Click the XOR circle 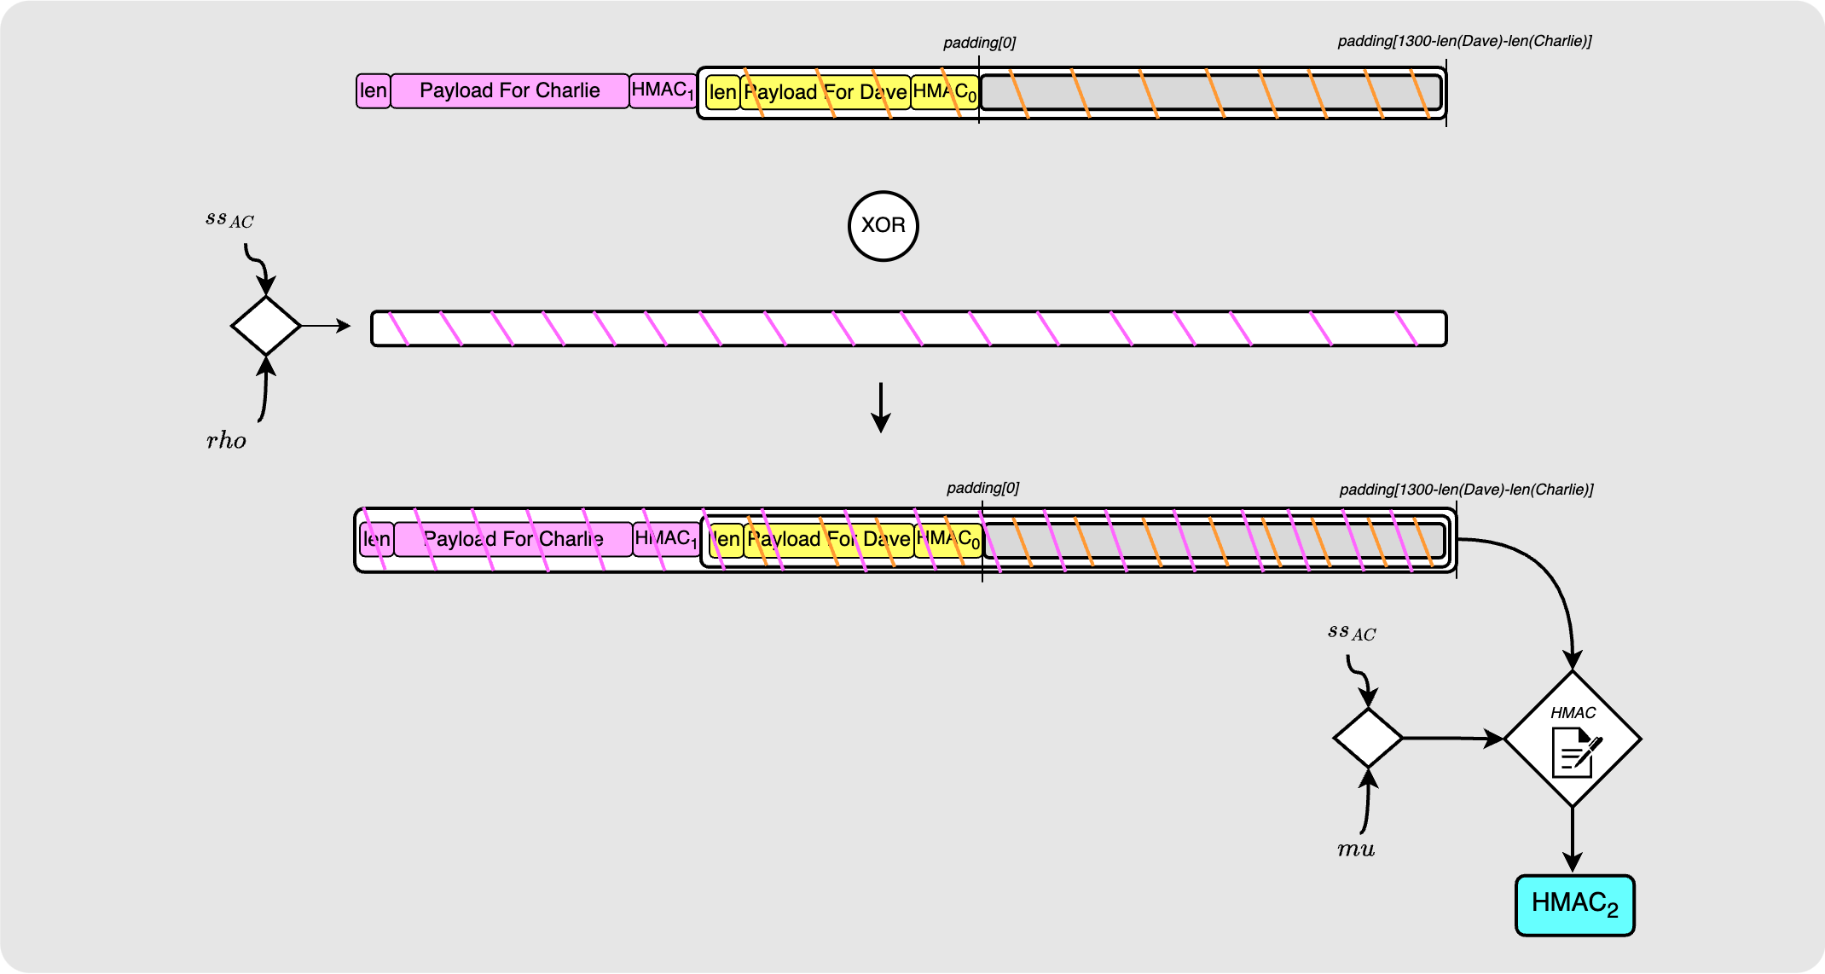(884, 226)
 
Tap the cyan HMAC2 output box (1574, 905)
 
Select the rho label (226, 441)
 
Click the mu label (1355, 849)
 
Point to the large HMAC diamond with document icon (1573, 739)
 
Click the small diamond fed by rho (266, 326)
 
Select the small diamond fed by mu (1368, 738)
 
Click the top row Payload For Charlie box (510, 91)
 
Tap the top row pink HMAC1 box (663, 91)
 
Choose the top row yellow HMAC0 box (945, 92)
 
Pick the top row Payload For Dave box (825, 92)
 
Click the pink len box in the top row (374, 91)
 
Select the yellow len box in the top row (722, 92)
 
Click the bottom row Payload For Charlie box (513, 539)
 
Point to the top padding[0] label (979, 43)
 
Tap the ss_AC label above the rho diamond (229, 219)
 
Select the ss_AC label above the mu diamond (1352, 632)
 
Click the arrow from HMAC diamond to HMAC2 (1573, 840)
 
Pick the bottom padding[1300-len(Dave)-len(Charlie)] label (1466, 490)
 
